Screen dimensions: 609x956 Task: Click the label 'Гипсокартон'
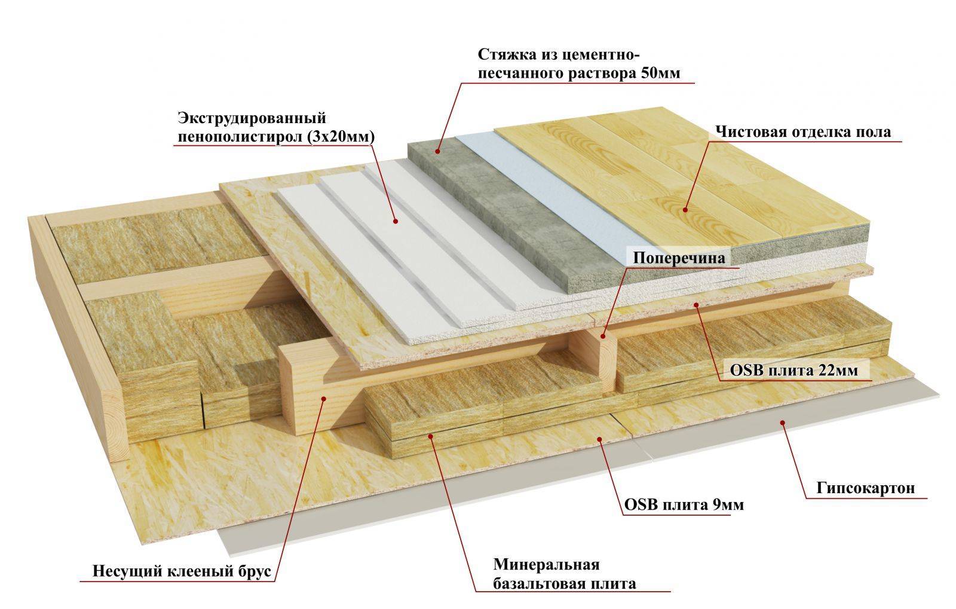865,488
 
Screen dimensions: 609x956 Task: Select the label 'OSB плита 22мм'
793,371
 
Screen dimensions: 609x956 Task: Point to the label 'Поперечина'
679,258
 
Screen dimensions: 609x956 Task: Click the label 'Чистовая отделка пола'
803,132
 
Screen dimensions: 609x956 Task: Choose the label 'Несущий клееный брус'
182,571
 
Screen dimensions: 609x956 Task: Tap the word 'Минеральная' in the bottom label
546,564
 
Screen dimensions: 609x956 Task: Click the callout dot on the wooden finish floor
686,210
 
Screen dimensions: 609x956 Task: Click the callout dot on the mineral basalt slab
431,437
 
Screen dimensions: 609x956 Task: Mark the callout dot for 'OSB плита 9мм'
600,439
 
